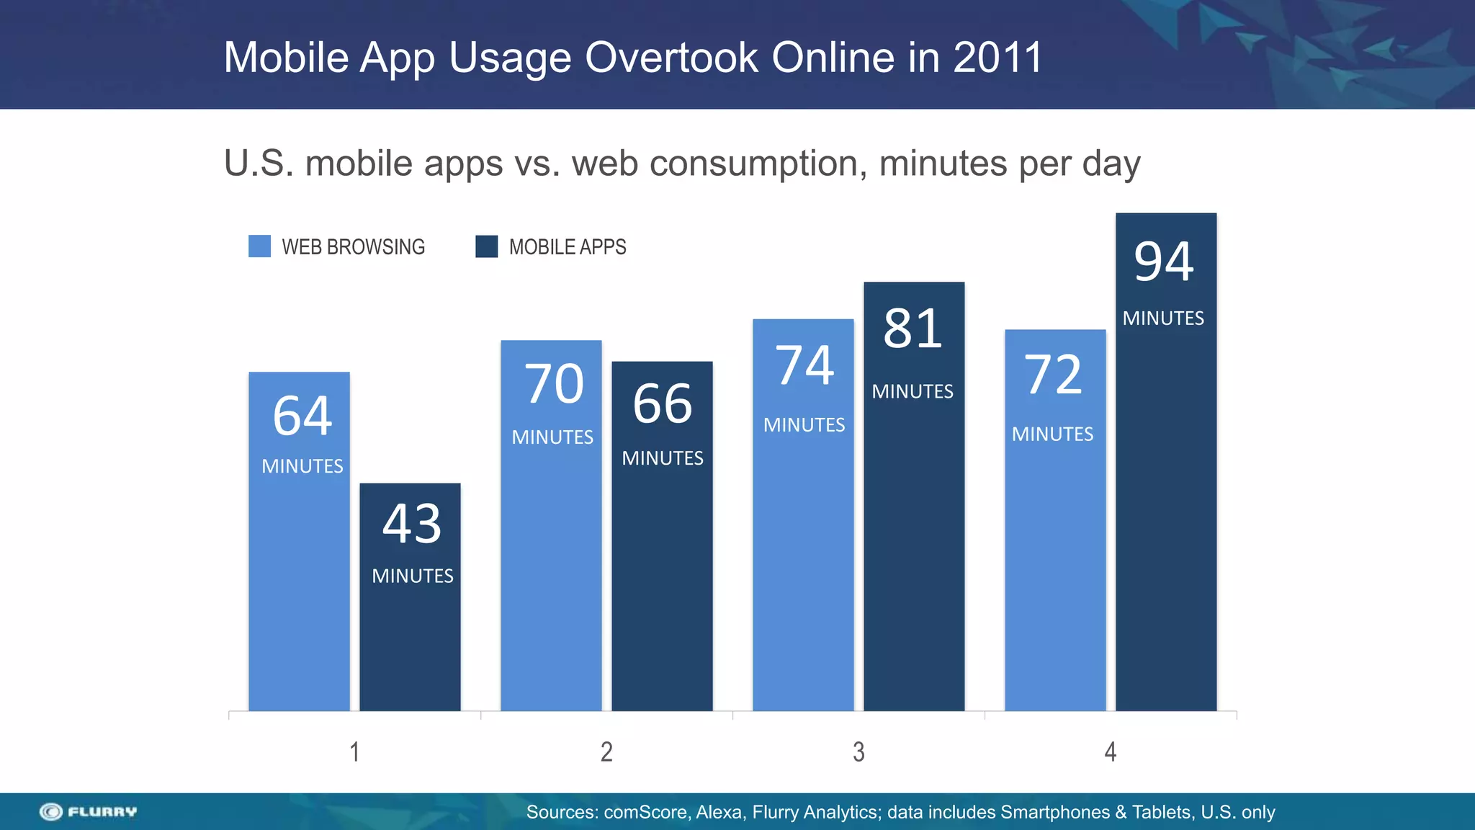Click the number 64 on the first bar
pos(302,416)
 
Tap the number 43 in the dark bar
pos(412,524)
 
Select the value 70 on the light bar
pos(554,384)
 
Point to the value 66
pos(663,404)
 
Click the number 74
pos(804,366)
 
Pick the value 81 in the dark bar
pos(913,329)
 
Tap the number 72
pos(1054,375)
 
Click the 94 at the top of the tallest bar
pos(1164,262)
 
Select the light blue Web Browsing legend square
pos(259,246)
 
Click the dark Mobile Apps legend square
pos(487,246)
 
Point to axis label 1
pos(354,752)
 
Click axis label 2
pos(606,752)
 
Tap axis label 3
pos(858,752)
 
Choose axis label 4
pos(1111,752)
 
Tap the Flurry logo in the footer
pos(88,812)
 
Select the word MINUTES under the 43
pos(413,576)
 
